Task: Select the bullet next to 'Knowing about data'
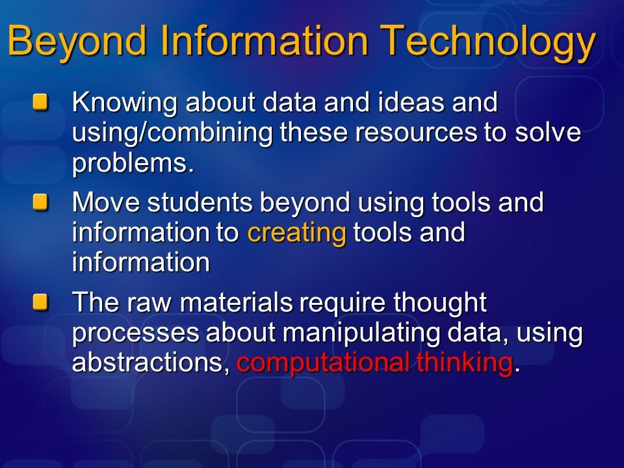(40, 102)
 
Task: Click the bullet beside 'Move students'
(40, 202)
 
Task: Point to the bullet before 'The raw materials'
(40, 302)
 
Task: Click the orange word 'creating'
(297, 233)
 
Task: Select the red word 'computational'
(323, 363)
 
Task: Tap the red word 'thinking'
(464, 363)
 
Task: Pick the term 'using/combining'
(172, 133)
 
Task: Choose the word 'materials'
(236, 302)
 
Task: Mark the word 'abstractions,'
(151, 363)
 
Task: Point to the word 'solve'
(547, 132)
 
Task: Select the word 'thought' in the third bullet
(440, 303)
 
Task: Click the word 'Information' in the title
(265, 40)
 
